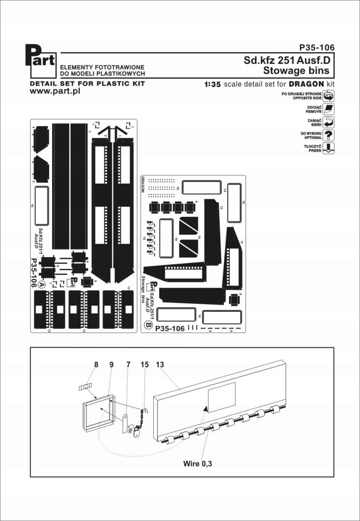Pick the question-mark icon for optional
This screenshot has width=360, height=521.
(x=329, y=135)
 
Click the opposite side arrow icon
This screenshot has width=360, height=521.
(x=329, y=96)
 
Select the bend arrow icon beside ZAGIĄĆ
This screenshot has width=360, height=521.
(x=329, y=122)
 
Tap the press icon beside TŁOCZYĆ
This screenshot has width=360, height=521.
(x=329, y=148)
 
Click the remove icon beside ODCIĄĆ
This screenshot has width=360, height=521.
(x=329, y=109)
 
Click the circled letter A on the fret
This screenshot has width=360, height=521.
(x=41, y=284)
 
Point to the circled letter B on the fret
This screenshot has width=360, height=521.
(x=147, y=324)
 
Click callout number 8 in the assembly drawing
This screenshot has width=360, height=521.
(x=96, y=365)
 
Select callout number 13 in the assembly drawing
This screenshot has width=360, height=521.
(x=160, y=365)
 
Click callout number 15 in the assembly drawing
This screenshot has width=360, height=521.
(x=145, y=365)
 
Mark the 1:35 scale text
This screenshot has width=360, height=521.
(x=212, y=84)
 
